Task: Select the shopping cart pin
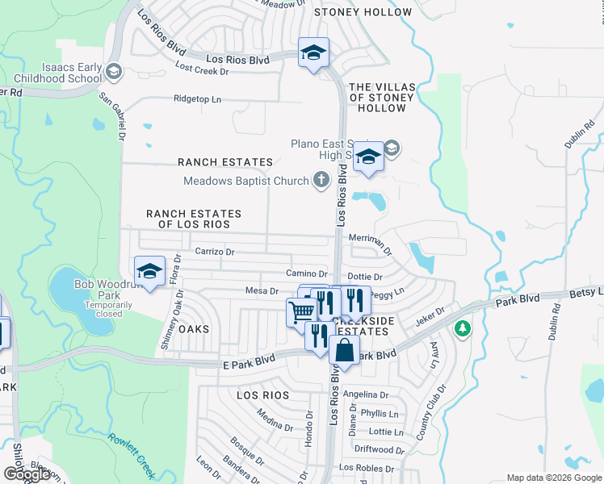click(301, 311)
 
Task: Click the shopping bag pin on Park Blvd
click(344, 351)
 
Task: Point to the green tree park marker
click(462, 328)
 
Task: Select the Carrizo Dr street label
click(215, 252)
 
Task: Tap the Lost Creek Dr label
click(202, 71)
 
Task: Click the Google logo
click(27, 474)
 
